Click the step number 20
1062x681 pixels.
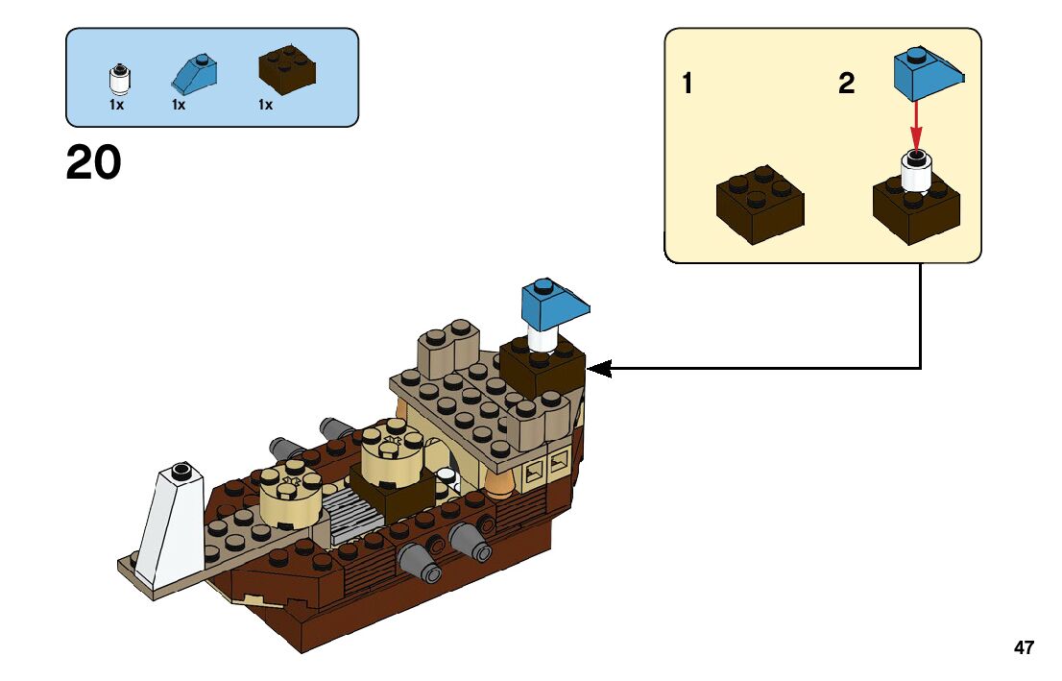point(94,162)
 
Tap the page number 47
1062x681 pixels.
point(1024,648)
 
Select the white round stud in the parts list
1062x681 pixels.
point(118,78)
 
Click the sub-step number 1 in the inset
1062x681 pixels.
point(688,85)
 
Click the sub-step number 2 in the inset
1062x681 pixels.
point(846,85)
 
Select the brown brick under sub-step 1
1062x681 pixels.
point(760,203)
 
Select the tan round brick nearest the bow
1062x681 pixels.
point(288,495)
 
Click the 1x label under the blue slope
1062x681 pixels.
point(179,105)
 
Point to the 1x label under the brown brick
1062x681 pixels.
point(265,105)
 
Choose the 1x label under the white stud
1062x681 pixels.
point(117,105)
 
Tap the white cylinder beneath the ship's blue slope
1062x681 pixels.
point(543,339)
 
